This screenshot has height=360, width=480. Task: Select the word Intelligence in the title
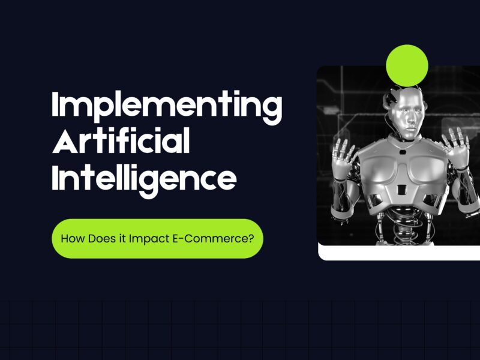pyautogui.click(x=143, y=179)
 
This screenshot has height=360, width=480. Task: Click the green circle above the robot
pyautogui.click(x=407, y=65)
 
